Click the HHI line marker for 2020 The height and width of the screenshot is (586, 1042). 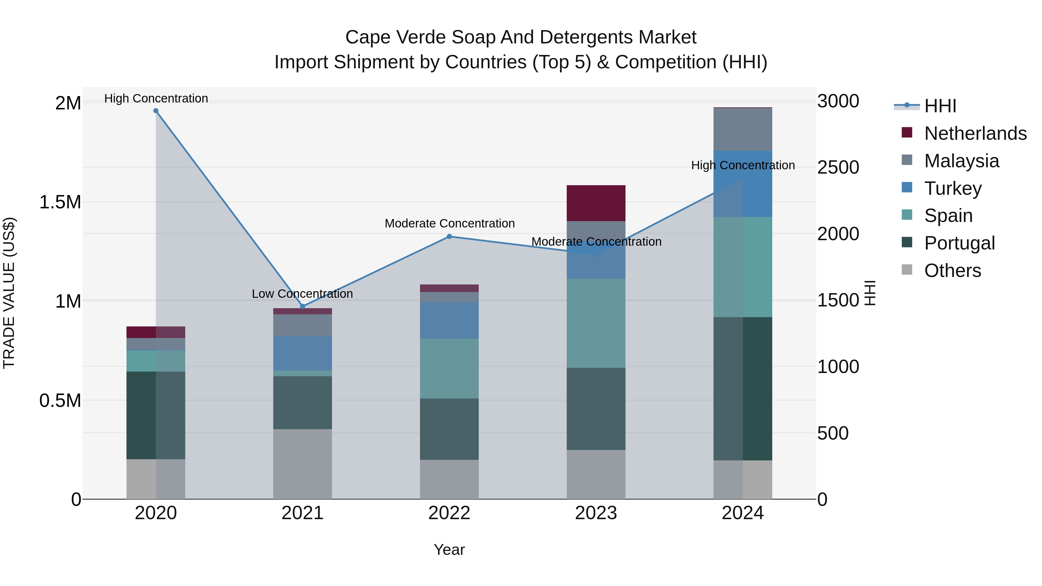(x=156, y=111)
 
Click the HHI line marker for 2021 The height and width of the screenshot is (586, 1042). (x=302, y=306)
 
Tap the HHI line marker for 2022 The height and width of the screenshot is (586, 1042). (x=449, y=237)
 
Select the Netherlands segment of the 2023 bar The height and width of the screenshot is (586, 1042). (x=596, y=203)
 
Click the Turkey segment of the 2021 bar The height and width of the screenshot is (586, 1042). (x=302, y=353)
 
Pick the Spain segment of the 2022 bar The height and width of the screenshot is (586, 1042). (x=449, y=368)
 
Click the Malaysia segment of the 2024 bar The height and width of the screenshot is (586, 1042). (x=743, y=129)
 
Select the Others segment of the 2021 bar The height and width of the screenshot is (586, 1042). (x=302, y=464)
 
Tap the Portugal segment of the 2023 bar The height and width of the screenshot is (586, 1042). (x=596, y=408)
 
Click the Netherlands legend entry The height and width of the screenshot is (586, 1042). (x=975, y=133)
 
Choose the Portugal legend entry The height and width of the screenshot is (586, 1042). (x=959, y=243)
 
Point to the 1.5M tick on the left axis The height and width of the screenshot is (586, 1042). (x=60, y=202)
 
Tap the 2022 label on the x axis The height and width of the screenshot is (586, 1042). (x=449, y=513)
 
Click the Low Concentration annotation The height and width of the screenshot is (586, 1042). (x=302, y=294)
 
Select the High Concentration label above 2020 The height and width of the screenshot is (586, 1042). (x=156, y=98)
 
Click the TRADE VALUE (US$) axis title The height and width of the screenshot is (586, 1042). (x=9, y=293)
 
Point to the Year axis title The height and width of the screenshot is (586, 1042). (x=449, y=550)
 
